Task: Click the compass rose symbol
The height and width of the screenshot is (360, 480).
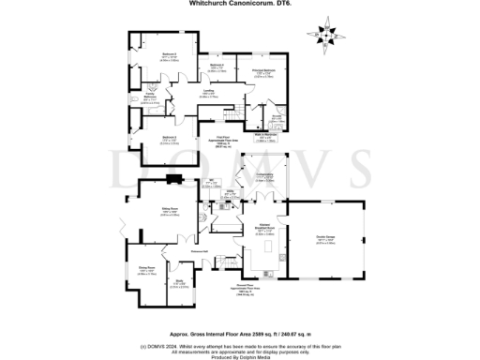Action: click(329, 35)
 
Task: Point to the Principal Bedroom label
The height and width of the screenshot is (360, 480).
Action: click(262, 71)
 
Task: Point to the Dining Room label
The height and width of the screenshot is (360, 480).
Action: click(146, 271)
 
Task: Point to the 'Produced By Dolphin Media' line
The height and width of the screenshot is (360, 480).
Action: click(238, 355)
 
